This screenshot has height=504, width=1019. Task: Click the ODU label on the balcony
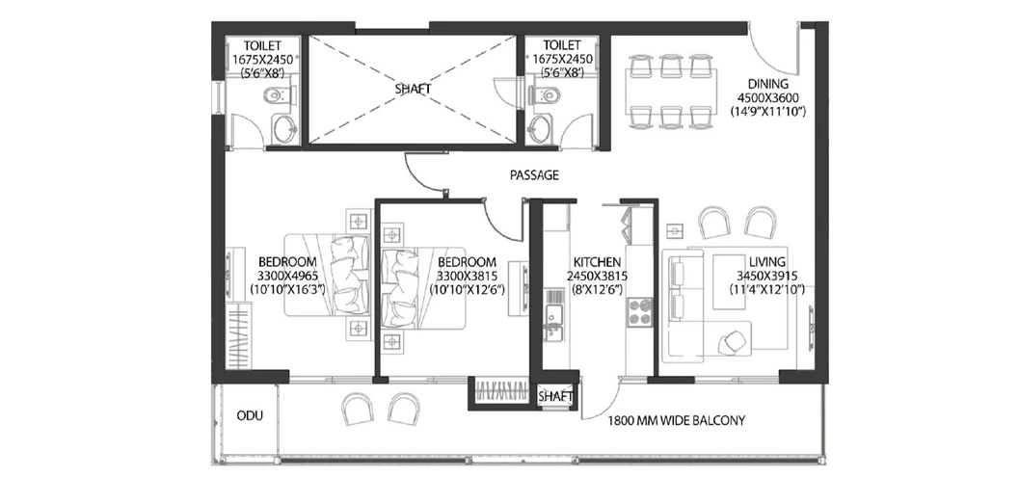[x=251, y=415]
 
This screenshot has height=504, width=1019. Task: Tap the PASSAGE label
[x=534, y=174]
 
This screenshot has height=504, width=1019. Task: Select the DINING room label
[x=767, y=84]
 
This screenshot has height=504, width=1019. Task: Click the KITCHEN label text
[x=597, y=262]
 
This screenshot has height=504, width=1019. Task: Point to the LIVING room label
[x=766, y=262]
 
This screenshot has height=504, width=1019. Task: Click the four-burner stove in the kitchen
[x=638, y=312]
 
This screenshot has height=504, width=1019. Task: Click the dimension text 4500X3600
[x=767, y=97]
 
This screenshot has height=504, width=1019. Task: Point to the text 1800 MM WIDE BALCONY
[x=676, y=421]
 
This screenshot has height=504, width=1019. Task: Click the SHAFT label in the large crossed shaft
[x=413, y=90]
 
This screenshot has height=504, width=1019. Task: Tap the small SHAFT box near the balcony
[x=556, y=396]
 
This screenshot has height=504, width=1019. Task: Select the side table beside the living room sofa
[x=676, y=229]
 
